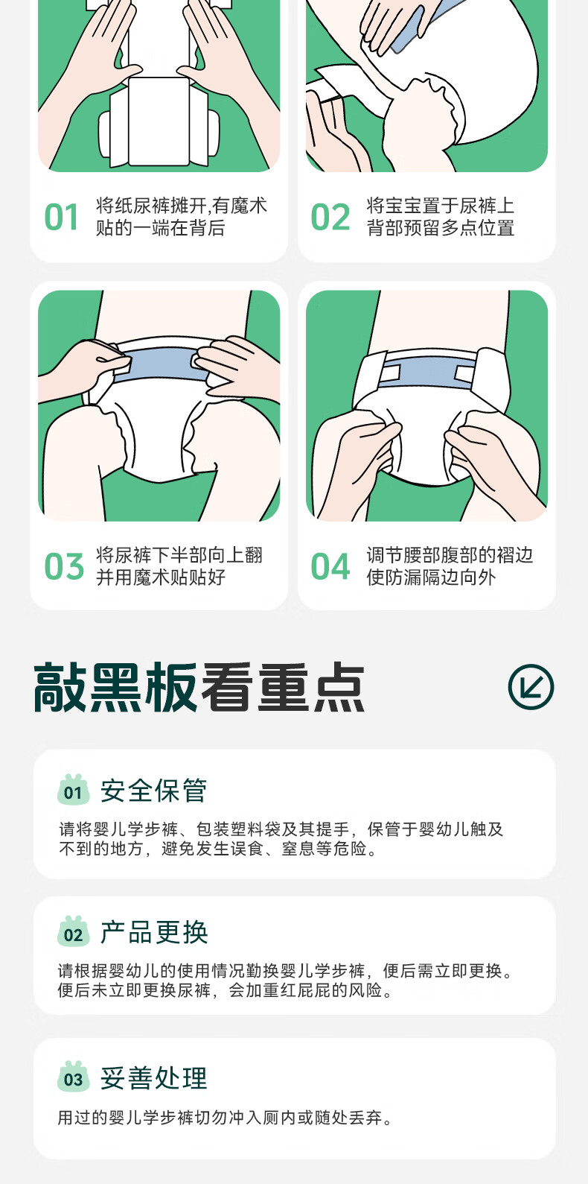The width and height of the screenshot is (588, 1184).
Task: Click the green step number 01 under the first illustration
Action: (x=61, y=218)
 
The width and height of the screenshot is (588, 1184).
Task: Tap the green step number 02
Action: (x=330, y=218)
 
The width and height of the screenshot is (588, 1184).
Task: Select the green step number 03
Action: (x=64, y=566)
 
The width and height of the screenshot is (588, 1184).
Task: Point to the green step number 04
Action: (x=330, y=566)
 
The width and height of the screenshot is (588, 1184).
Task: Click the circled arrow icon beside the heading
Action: (x=531, y=686)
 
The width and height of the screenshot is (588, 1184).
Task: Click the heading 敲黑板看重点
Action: (x=199, y=687)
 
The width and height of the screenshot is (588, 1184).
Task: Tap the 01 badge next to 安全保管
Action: (x=74, y=790)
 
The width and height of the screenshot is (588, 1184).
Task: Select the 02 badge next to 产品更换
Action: (x=74, y=931)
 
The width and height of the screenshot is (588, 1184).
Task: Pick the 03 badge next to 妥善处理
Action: (x=74, y=1076)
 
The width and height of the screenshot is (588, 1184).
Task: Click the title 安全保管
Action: (x=153, y=791)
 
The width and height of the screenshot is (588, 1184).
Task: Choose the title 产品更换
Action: (x=154, y=932)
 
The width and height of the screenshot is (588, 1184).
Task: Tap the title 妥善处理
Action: (x=154, y=1077)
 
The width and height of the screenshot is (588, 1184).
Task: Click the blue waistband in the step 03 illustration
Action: (x=161, y=364)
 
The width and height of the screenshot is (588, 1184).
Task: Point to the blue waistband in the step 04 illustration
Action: (x=427, y=372)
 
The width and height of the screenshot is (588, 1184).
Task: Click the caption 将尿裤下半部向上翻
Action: (x=179, y=555)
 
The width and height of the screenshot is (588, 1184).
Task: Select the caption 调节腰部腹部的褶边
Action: (x=450, y=555)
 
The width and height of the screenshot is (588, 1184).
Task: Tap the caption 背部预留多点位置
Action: (x=441, y=228)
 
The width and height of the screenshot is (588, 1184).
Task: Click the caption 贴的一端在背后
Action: (x=161, y=228)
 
